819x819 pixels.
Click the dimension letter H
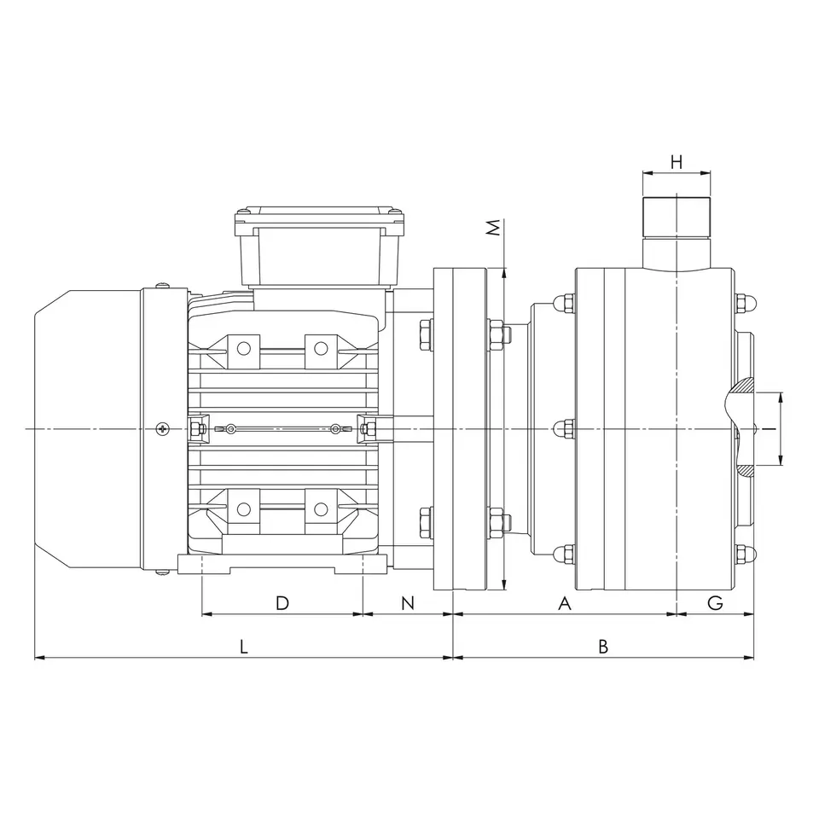click(677, 162)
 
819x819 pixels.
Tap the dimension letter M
click(494, 228)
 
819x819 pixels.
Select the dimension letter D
click(282, 603)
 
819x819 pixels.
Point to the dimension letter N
click(408, 603)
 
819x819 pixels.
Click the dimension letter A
click(565, 603)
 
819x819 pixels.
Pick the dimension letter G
click(715, 603)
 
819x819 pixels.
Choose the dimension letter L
click(243, 648)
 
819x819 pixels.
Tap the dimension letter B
click(603, 648)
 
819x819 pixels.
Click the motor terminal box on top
click(320, 247)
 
